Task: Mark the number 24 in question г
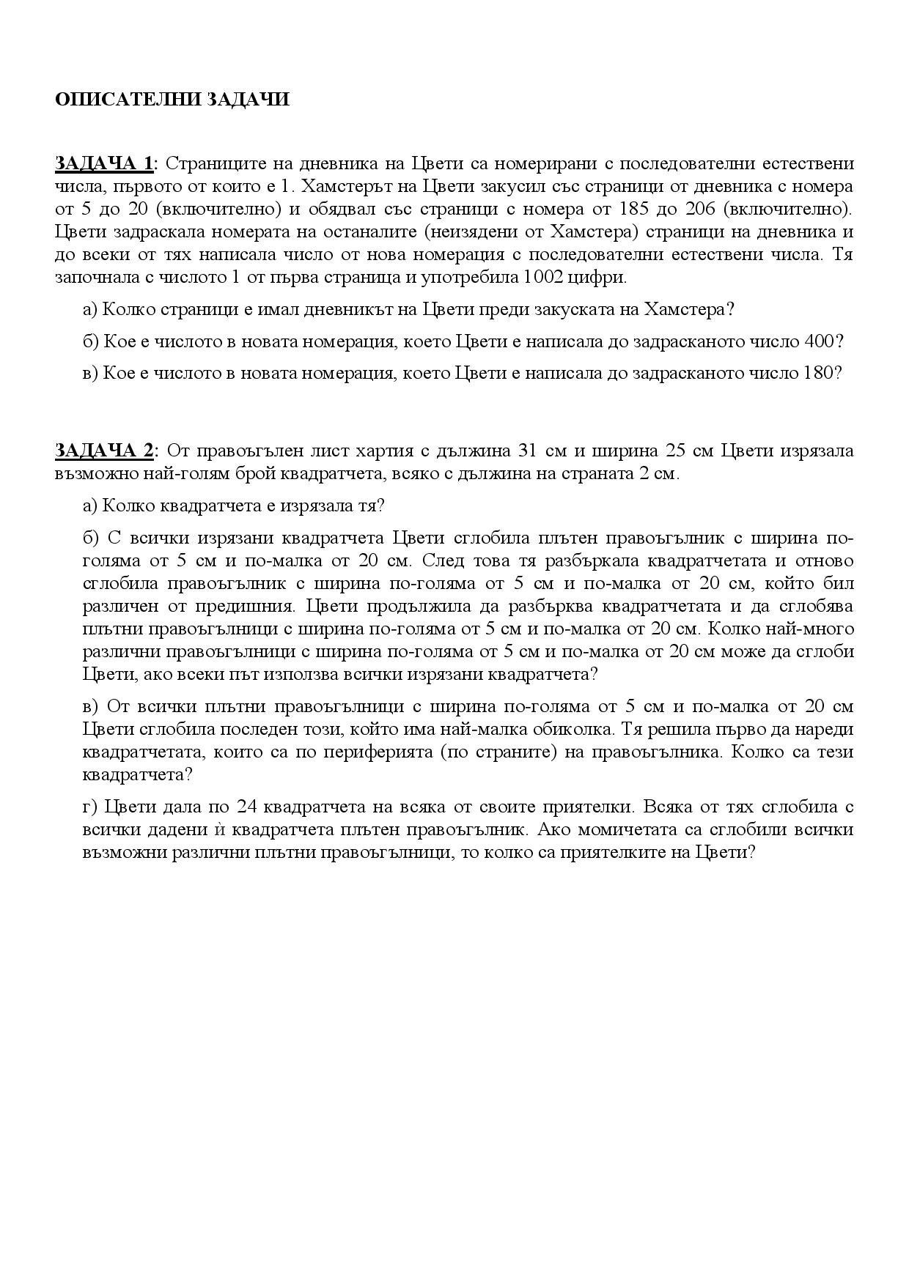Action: (246, 807)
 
